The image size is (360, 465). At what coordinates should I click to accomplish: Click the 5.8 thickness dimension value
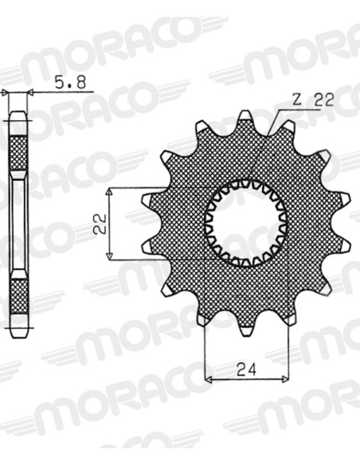(x=70, y=82)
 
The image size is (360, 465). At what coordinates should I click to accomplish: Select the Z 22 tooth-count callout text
(x=312, y=100)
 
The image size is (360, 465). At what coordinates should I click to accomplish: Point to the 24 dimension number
(x=246, y=369)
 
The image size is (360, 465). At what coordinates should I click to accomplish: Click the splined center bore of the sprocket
(x=246, y=224)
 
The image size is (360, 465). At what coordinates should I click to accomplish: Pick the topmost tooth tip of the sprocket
(x=245, y=115)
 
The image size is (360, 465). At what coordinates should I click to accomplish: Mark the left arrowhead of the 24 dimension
(x=208, y=379)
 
